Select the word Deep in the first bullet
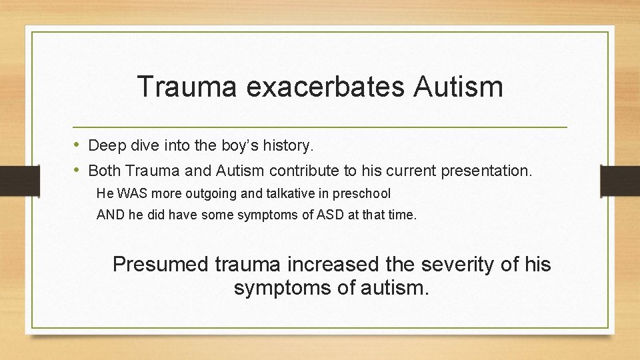pyautogui.click(x=103, y=145)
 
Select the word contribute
pyautogui.click(x=303, y=171)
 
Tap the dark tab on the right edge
pyautogui.click(x=620, y=181)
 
